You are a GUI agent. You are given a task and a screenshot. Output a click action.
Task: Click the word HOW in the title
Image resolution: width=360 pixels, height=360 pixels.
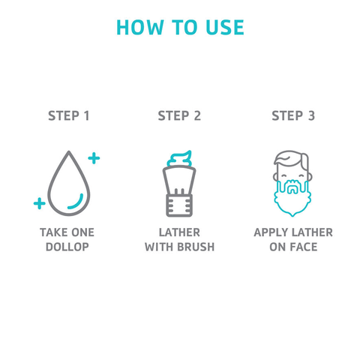[x=139, y=27]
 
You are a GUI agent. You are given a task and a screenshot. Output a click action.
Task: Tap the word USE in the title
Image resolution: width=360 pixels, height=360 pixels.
[x=225, y=27]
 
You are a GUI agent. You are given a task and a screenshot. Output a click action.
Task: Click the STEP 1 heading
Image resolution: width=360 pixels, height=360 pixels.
[x=69, y=115]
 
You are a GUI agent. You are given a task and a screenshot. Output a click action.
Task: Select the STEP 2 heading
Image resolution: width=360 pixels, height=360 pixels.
[x=179, y=115]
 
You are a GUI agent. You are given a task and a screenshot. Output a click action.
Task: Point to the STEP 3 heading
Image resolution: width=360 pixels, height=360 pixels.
[x=293, y=115]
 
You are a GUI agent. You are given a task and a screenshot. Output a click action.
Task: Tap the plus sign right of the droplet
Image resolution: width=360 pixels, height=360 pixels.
[x=94, y=158]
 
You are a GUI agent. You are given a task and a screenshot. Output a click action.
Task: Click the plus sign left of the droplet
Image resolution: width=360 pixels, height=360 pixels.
[x=40, y=203]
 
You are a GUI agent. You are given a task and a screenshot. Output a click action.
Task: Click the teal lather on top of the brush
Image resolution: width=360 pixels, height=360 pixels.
[x=179, y=159]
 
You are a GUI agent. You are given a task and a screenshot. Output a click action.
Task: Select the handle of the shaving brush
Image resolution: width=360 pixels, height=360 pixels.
[x=179, y=205]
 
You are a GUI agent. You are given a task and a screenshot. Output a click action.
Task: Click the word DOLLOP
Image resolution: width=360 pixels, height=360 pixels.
[x=67, y=247]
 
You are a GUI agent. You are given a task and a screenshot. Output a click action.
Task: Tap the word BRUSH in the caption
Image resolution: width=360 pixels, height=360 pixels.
[x=196, y=247]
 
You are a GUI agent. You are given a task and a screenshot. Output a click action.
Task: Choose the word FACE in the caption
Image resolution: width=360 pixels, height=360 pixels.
[x=304, y=247]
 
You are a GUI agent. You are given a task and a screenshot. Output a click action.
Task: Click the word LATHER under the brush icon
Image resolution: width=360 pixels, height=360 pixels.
[x=179, y=232]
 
